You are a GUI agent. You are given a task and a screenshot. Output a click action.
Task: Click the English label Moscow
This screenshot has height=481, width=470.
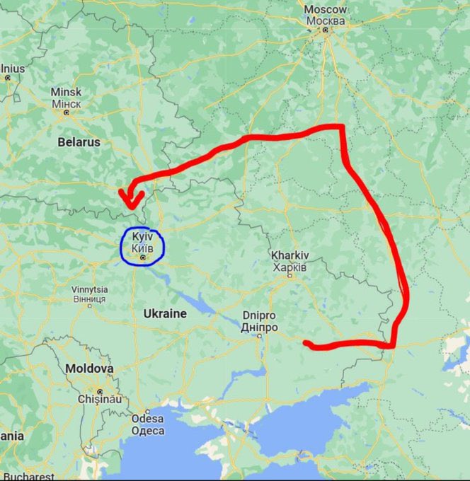tap(326, 9)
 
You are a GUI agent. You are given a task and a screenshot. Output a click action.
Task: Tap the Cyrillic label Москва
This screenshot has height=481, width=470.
tap(326, 20)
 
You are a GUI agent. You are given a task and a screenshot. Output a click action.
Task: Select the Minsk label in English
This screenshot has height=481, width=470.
tap(66, 92)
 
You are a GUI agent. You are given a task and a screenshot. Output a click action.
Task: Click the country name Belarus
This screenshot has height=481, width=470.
tap(79, 142)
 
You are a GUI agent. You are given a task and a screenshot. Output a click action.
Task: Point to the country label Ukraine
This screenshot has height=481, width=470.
tap(165, 313)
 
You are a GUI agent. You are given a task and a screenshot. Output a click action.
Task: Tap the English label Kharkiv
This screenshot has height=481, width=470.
tap(289, 255)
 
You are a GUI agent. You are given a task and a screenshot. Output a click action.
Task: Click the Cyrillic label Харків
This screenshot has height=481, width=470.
tap(289, 267)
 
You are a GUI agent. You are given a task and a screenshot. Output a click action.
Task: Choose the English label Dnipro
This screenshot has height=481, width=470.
tap(259, 316)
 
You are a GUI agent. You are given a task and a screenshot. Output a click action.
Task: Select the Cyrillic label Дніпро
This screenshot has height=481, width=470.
tap(259, 328)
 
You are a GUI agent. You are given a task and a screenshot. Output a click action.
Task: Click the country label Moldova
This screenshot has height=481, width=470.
tap(89, 369)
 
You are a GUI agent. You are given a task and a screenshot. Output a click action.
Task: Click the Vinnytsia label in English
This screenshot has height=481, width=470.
tap(89, 289)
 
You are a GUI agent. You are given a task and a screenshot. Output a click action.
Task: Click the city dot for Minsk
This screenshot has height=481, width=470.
tap(67, 112)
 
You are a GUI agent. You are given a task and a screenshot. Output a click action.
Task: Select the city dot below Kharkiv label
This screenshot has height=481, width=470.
tap(289, 276)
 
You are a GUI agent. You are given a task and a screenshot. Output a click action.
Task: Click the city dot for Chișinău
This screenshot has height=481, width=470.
tap(100, 391)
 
